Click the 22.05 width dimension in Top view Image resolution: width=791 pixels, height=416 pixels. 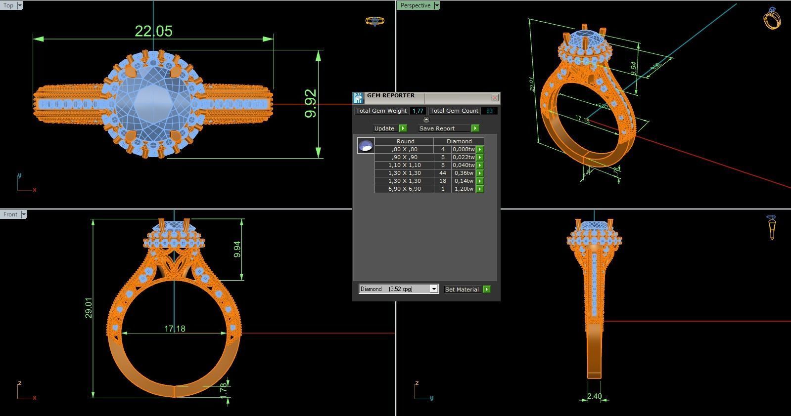pos(153,31)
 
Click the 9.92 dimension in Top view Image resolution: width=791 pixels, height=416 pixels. pos(310,103)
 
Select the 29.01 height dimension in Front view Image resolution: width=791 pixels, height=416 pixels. pos(89,307)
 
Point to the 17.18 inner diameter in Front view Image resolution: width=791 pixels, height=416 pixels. pos(174,329)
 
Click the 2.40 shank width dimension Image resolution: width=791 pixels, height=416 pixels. pos(594,396)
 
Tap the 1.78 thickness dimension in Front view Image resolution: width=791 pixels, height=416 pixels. pos(224,388)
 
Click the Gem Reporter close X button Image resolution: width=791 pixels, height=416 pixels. pos(495,98)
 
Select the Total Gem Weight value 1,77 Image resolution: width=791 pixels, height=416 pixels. pos(418,111)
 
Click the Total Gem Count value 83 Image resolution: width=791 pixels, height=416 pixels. pos(489,111)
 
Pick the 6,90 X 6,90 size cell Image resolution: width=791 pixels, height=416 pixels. pos(404,189)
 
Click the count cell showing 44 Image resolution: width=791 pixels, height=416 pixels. pos(442,173)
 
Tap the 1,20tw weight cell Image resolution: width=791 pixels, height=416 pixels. pos(463,189)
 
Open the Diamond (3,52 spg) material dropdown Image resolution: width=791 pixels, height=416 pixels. pos(434,289)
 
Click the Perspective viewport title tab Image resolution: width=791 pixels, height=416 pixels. pos(415,5)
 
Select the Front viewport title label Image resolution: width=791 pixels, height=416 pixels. pos(10,214)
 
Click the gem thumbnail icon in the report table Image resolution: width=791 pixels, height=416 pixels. pos(366,146)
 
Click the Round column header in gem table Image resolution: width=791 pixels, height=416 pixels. pos(405,141)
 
